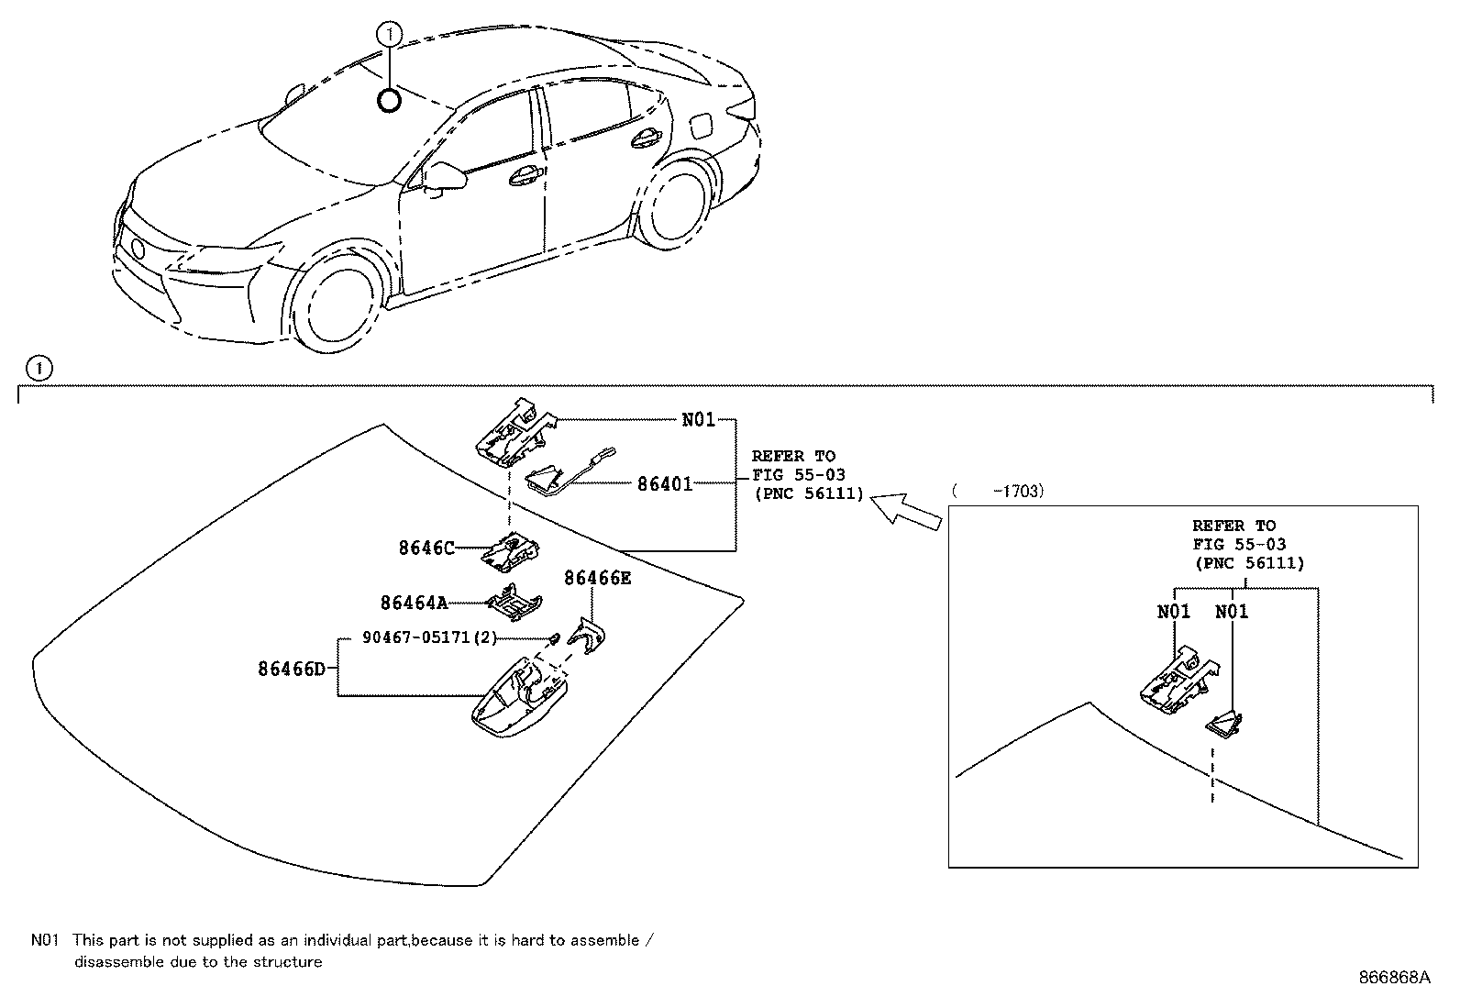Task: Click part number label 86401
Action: point(665,483)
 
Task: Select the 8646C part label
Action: point(426,548)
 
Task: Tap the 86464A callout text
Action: point(414,603)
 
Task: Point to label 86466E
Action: point(597,578)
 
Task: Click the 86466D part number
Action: point(291,669)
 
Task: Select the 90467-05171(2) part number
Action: point(429,637)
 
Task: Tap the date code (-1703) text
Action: point(998,492)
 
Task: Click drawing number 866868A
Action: point(1394,977)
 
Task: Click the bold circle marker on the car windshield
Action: point(389,100)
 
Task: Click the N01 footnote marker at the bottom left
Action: point(44,940)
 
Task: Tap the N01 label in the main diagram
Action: point(698,420)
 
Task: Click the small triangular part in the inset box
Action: point(1223,726)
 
